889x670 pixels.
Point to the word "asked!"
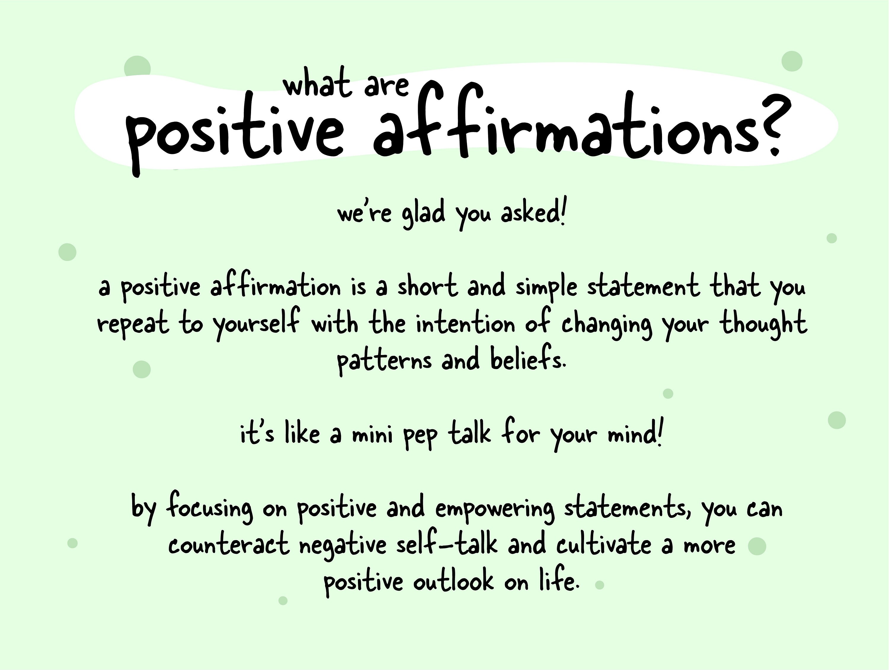click(x=533, y=213)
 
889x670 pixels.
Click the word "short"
click(x=427, y=286)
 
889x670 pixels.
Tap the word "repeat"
click(x=133, y=324)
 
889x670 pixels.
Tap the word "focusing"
click(x=210, y=508)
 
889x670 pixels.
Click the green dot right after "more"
click(x=757, y=546)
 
